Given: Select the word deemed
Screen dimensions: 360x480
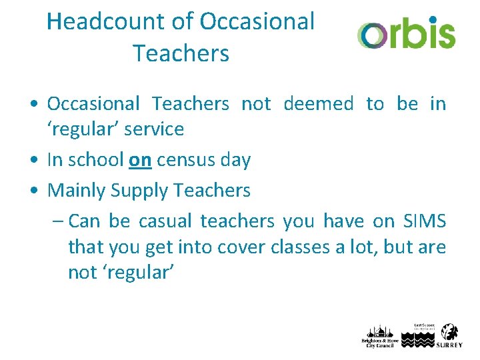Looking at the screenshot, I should click(319, 104).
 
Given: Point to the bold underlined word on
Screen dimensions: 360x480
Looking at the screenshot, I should click(140, 160).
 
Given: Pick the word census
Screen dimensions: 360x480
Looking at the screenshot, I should click(189, 160).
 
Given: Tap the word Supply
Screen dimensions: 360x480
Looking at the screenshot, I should click(139, 191).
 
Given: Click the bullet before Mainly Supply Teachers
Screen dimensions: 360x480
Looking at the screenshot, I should click(33, 191).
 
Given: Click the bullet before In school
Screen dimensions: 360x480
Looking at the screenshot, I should click(33, 161).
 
